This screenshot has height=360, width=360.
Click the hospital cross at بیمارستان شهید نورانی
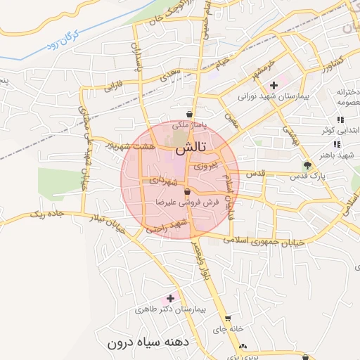pyautogui.click(x=274, y=84)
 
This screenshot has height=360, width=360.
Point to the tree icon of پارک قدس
pyautogui.click(x=307, y=166)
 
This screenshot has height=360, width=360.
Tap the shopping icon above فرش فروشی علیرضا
pyautogui.click(x=187, y=191)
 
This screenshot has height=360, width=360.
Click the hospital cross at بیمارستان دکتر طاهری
pyautogui.click(x=169, y=298)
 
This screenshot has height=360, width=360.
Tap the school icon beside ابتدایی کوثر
pyautogui.click(x=340, y=120)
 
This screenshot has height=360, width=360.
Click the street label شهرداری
pyautogui.click(x=162, y=181)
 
